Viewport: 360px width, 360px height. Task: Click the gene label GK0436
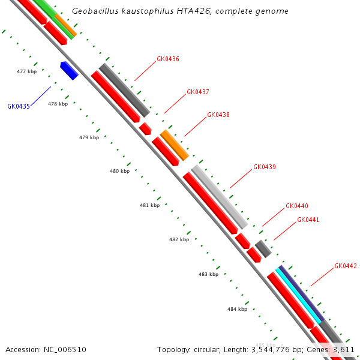(x=168, y=59)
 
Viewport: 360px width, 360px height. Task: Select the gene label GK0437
(x=198, y=92)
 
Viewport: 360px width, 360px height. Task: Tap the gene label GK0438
(x=218, y=115)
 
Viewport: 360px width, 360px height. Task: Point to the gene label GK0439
(x=265, y=167)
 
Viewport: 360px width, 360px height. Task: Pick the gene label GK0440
(x=297, y=206)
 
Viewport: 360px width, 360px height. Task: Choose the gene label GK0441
(x=308, y=220)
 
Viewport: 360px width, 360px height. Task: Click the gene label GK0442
(x=346, y=266)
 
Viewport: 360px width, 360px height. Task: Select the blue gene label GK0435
(x=19, y=106)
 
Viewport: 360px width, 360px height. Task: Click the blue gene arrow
(x=70, y=70)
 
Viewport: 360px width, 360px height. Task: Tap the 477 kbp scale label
(x=26, y=71)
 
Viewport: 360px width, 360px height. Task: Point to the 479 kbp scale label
(x=89, y=138)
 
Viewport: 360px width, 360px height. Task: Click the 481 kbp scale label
(x=149, y=205)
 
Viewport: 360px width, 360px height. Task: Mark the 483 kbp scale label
(x=208, y=274)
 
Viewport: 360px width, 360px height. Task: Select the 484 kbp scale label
(x=237, y=309)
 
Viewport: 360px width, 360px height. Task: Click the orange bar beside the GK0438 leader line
(x=175, y=145)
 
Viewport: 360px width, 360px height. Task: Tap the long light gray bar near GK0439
(x=219, y=197)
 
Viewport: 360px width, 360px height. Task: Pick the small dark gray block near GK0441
(x=263, y=248)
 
